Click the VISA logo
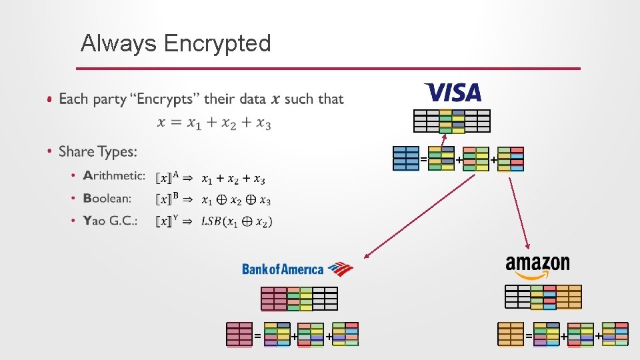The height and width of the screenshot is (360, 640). pyautogui.click(x=452, y=92)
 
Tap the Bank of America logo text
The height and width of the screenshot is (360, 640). pyautogui.click(x=283, y=269)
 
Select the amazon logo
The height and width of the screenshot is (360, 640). pyautogui.click(x=537, y=266)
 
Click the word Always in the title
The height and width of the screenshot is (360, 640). pyautogui.click(x=119, y=43)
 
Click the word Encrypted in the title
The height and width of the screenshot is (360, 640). pyautogui.click(x=217, y=43)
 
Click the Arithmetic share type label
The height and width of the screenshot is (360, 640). pyautogui.click(x=114, y=176)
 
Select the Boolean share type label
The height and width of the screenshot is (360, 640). pyautogui.click(x=107, y=198)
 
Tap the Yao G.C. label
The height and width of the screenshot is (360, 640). pyautogui.click(x=110, y=221)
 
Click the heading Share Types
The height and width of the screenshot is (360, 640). pyautogui.click(x=98, y=152)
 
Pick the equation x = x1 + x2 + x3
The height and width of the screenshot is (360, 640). pyautogui.click(x=214, y=123)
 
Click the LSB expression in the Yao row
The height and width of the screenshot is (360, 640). pyautogui.click(x=237, y=221)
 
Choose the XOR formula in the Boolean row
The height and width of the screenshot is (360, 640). pyautogui.click(x=236, y=199)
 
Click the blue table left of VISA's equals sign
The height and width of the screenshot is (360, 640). pyautogui.click(x=406, y=159)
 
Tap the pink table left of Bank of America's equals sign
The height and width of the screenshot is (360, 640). pyautogui.click(x=239, y=334)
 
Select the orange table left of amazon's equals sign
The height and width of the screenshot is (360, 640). pyautogui.click(x=511, y=334)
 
